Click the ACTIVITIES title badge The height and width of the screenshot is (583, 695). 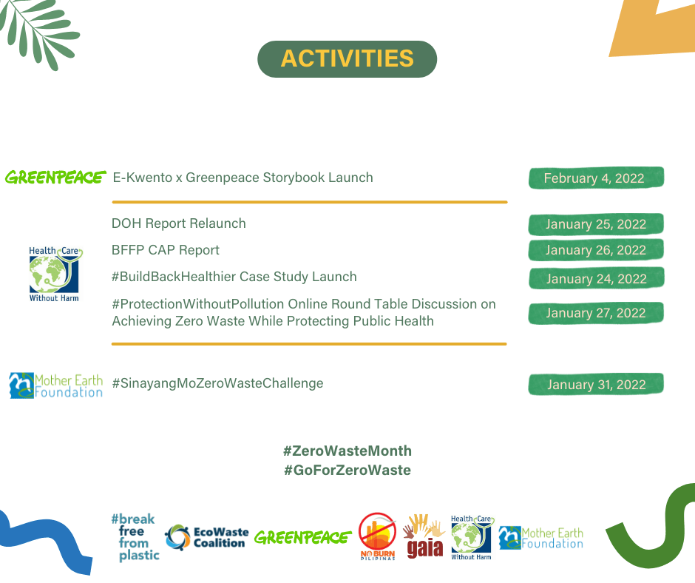click(x=347, y=59)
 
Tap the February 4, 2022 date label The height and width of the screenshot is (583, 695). click(x=596, y=178)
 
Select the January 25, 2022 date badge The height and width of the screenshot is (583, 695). click(x=596, y=224)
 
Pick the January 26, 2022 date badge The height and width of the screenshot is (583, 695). click(x=596, y=250)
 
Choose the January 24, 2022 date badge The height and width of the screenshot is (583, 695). click(x=596, y=279)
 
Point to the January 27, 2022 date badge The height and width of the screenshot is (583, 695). click(x=596, y=313)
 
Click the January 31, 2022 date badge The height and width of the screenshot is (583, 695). click(x=596, y=384)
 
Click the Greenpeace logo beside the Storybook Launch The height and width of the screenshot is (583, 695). click(x=55, y=178)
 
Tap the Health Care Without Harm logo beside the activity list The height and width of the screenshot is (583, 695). click(x=55, y=274)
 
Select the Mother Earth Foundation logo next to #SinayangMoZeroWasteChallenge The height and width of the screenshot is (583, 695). click(x=56, y=385)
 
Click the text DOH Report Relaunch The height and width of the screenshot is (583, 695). click(x=179, y=223)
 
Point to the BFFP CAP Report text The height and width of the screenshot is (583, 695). click(x=166, y=250)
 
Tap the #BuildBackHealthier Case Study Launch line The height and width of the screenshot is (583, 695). click(x=234, y=277)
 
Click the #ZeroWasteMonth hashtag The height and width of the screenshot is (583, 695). click(x=347, y=451)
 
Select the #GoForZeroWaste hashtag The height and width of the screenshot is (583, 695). click(x=347, y=470)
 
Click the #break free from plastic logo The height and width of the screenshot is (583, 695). click(x=135, y=537)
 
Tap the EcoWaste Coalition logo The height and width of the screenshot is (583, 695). click(x=206, y=537)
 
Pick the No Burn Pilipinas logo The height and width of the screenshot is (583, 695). click(x=377, y=536)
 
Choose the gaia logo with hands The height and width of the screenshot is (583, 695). click(x=424, y=536)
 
